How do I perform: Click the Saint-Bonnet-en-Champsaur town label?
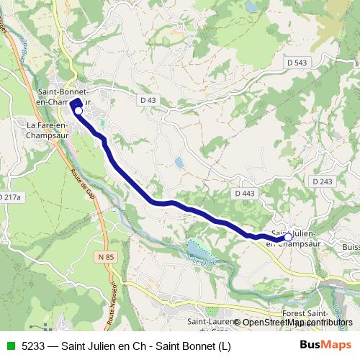pyautogui.click(x=63, y=97)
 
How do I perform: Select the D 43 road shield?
pyautogui.click(x=148, y=99)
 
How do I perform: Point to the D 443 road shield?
pyautogui.click(x=244, y=194)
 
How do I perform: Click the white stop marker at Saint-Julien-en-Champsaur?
pyautogui.click(x=289, y=237)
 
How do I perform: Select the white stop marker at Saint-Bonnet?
pyautogui.click(x=78, y=112)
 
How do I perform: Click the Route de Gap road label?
pyautogui.click(x=83, y=184)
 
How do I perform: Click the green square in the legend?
pyautogui.click(x=9, y=346)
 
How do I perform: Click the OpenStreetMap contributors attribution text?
pyautogui.click(x=297, y=323)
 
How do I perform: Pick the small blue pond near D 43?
pyautogui.click(x=178, y=163)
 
